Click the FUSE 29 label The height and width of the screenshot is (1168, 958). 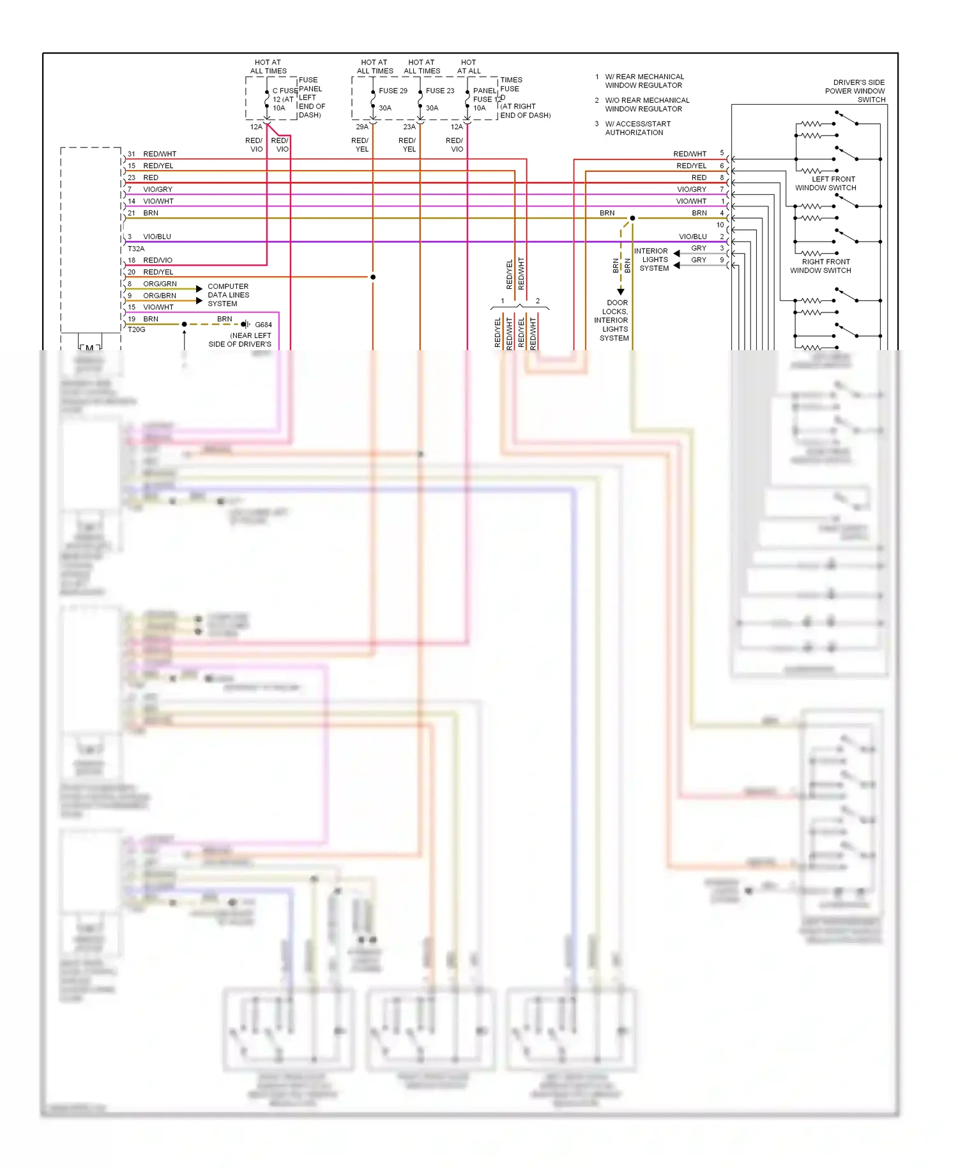pos(393,91)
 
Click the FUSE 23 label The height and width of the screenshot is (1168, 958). pos(440,91)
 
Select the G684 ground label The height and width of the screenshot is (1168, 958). pos(263,325)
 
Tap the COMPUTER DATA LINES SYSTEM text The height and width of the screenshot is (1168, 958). pos(228,295)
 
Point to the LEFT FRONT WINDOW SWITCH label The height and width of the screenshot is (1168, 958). pos(826,183)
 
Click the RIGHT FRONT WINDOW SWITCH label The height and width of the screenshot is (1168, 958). pos(821,266)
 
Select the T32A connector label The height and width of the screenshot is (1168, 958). pos(136,249)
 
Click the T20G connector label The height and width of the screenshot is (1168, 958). pos(137,330)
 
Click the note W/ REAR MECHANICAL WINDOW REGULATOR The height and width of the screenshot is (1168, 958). pos(644,81)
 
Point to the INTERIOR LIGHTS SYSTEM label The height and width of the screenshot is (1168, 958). pos(652,259)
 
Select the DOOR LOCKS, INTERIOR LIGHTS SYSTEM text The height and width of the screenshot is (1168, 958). pos(613,320)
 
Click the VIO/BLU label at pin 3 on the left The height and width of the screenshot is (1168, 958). pos(157,236)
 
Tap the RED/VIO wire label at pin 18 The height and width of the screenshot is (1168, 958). pos(158,260)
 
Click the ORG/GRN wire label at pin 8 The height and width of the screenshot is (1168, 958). pos(160,284)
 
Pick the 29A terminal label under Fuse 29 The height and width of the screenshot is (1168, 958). pos(362,127)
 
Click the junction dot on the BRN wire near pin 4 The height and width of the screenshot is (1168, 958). pos(632,218)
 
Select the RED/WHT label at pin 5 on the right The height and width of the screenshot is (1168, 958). pos(690,154)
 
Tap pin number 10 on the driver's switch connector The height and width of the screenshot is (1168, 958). pos(720,225)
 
